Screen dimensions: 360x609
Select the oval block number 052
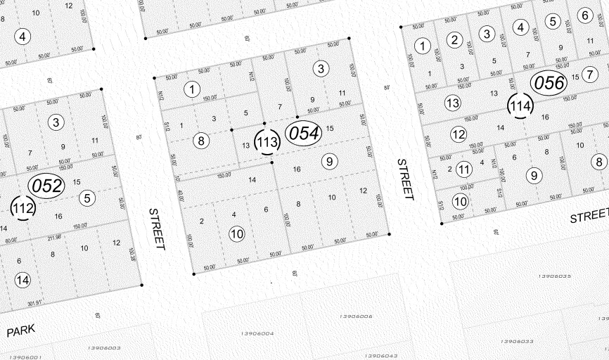46,186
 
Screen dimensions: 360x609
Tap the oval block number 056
549,83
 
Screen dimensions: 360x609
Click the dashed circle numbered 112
23,207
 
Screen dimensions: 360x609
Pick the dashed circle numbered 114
520,106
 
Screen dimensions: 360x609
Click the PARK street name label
20,331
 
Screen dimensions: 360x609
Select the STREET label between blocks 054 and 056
405,179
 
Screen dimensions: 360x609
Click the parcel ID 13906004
257,333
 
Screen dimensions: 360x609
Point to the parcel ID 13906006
355,317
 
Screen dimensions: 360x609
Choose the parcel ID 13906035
555,276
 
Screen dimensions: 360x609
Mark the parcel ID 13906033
518,341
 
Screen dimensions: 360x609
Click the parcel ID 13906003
105,347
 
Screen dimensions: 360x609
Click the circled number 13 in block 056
452,103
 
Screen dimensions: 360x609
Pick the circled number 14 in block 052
23,280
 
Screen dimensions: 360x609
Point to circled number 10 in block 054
237,233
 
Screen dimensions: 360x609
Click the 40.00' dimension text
180,196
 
